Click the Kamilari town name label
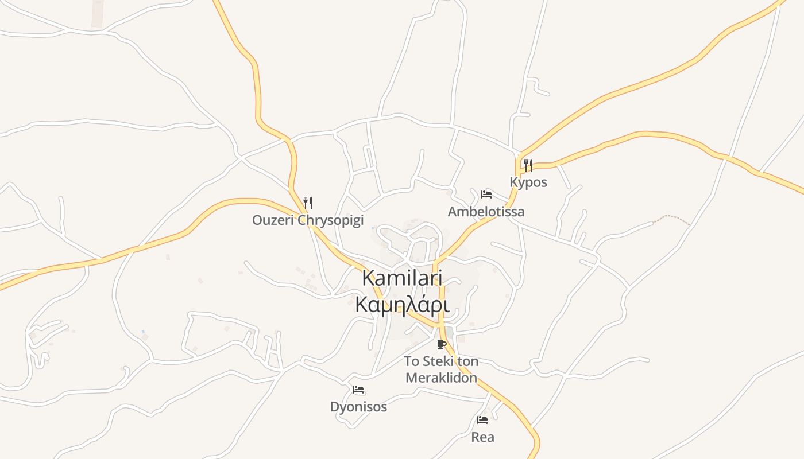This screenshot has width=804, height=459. click(402, 278)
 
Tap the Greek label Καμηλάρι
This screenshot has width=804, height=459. click(402, 304)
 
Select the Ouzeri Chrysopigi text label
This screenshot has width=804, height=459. click(308, 220)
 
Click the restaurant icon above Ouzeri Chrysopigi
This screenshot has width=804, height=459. click(308, 203)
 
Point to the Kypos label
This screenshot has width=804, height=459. click(528, 182)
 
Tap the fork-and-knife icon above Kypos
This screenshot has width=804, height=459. click(528, 165)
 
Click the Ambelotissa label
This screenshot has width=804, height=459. click(486, 212)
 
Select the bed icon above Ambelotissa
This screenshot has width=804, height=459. click(486, 194)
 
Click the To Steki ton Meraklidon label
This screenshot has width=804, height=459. click(441, 369)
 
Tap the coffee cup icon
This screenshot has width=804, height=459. click(441, 344)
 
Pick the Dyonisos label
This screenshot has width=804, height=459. click(358, 407)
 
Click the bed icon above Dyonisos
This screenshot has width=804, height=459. click(358, 390)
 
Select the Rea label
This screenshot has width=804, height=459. click(482, 437)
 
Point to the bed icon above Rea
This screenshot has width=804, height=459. click(482, 420)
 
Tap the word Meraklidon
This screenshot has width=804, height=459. click(441, 378)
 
